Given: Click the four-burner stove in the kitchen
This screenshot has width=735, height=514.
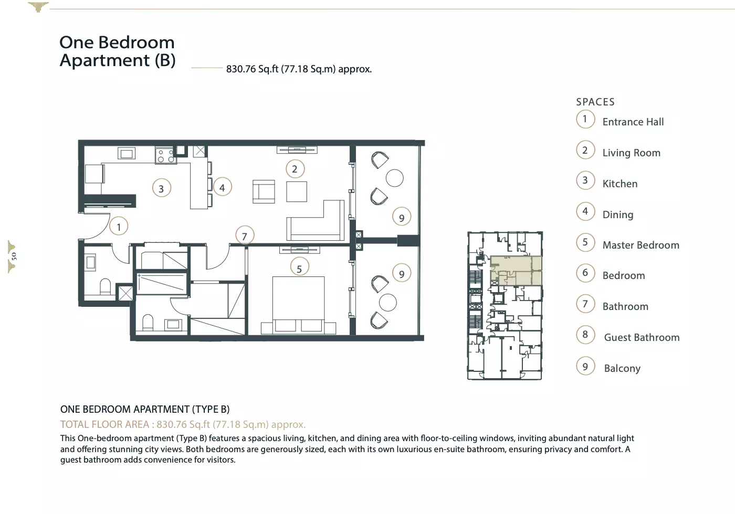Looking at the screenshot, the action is point(165,156).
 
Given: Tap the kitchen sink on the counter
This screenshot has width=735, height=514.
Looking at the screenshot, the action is point(127,153).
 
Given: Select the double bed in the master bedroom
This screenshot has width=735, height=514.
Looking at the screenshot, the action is point(299,305).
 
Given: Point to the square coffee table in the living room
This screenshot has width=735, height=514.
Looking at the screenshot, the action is point(297,192).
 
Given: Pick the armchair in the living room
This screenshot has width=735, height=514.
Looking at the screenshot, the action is point(264,191).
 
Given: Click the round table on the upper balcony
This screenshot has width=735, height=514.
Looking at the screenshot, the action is point(394,178).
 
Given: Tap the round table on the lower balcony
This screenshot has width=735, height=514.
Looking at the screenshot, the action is point(388,302).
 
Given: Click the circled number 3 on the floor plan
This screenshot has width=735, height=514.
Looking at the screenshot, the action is point(162,188).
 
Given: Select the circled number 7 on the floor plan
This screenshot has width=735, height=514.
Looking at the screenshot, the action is point(245,235).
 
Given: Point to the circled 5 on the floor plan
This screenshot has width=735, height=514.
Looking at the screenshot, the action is point(300,267).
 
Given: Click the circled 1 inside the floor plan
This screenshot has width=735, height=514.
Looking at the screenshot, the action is point(119,226).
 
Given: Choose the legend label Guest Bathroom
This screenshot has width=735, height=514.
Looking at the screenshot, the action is point(642,337).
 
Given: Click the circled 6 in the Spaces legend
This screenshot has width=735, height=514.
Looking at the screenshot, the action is point(585,273).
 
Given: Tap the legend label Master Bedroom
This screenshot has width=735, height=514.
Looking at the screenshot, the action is point(640,245).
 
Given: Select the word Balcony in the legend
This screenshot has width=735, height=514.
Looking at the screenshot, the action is point(622,368).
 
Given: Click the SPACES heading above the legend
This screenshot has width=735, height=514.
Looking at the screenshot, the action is point(595,102).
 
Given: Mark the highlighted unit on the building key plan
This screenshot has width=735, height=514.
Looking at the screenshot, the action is point(516,271).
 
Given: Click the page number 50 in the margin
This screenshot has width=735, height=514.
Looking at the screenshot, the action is point(14,256).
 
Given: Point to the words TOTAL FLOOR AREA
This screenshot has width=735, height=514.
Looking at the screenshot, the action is point(104,424).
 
